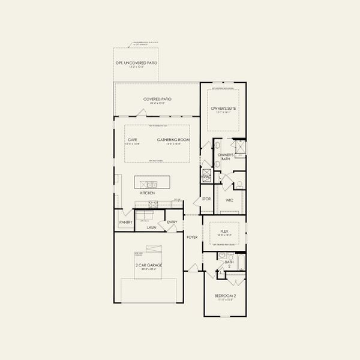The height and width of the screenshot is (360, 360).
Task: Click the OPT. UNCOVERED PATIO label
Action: click(x=136, y=63)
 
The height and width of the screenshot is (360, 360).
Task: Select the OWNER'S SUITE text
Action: click(x=223, y=108)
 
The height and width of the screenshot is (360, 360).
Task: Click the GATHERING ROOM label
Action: click(x=173, y=140)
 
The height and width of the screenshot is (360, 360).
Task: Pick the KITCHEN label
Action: click(x=147, y=193)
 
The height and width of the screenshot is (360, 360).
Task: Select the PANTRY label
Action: click(x=125, y=222)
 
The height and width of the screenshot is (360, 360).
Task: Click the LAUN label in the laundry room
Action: click(x=151, y=227)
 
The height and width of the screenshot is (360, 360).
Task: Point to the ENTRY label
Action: click(x=172, y=222)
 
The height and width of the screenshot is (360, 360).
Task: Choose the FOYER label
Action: click(x=192, y=237)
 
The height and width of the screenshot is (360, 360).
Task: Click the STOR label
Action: click(x=206, y=199)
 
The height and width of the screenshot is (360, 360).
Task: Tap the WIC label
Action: click(x=229, y=200)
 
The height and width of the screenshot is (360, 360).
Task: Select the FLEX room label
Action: click(x=224, y=230)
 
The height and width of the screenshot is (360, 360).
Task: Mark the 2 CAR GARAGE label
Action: click(x=149, y=265)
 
